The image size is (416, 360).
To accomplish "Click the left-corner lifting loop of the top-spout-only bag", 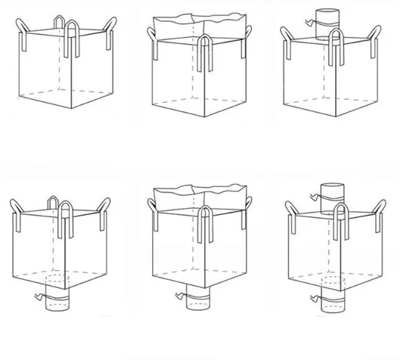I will tap(288, 39).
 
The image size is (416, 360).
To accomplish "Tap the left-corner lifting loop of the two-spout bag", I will tap(291, 215).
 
